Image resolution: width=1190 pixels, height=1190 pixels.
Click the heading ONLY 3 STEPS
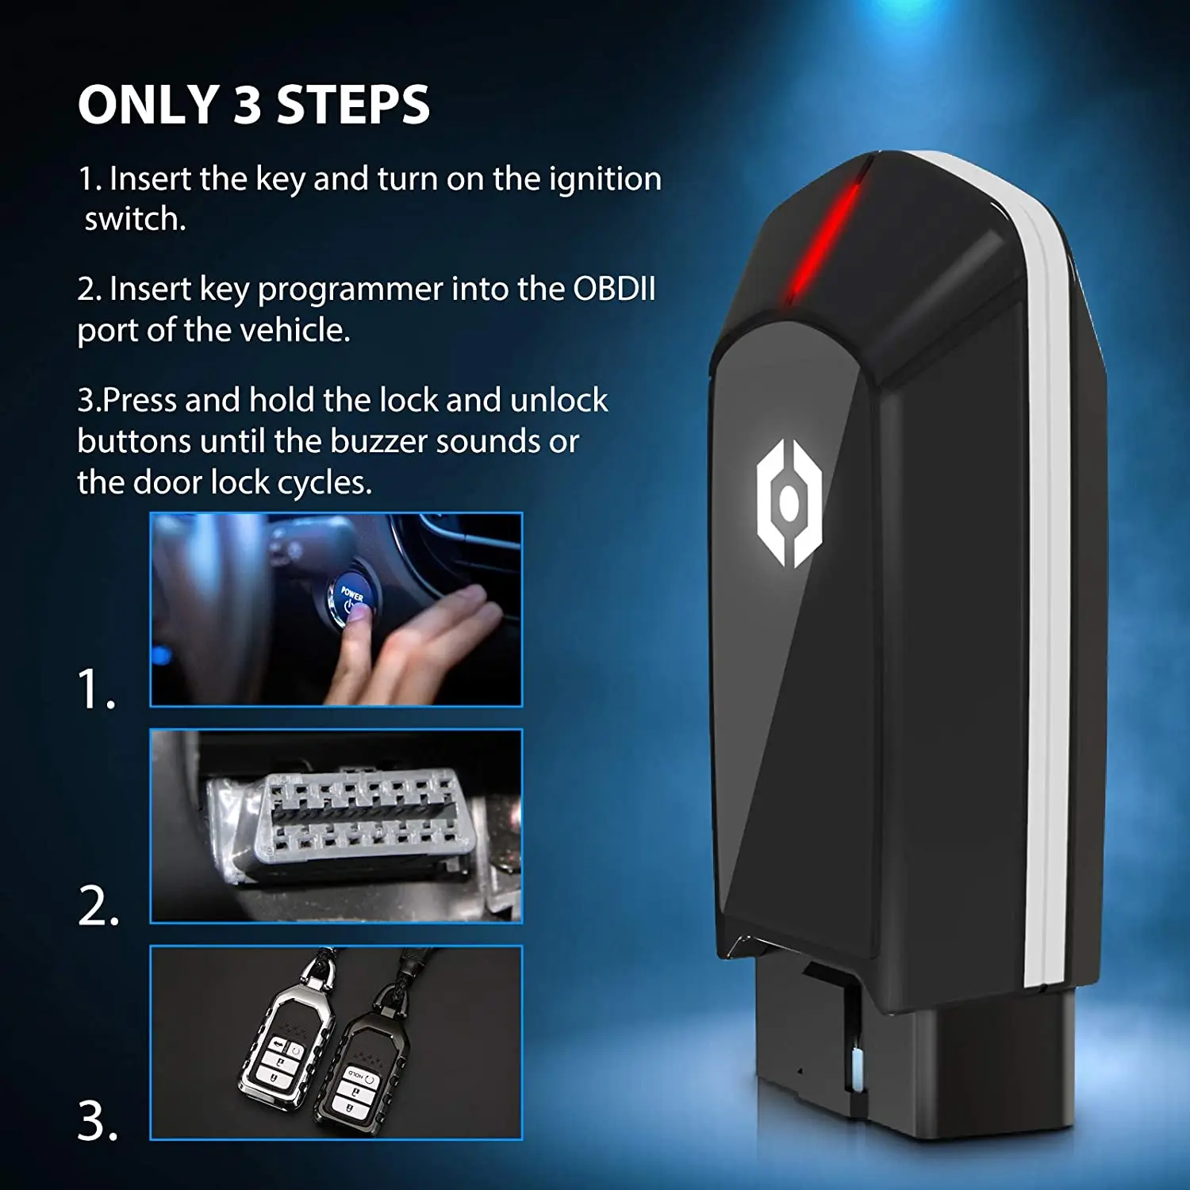coord(254,105)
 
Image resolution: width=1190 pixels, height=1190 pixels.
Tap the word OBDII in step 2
coord(614,290)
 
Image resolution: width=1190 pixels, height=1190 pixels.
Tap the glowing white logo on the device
coord(788,503)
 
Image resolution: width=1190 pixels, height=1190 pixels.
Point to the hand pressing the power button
coord(413,651)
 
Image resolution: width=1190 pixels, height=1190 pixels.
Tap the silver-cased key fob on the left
coord(282,1039)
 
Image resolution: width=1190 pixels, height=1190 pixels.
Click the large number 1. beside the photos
coord(98,689)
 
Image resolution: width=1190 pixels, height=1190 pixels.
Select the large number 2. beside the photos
coord(99,906)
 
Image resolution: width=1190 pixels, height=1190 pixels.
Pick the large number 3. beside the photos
coord(98,1122)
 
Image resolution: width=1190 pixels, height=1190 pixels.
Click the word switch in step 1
coord(134,220)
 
